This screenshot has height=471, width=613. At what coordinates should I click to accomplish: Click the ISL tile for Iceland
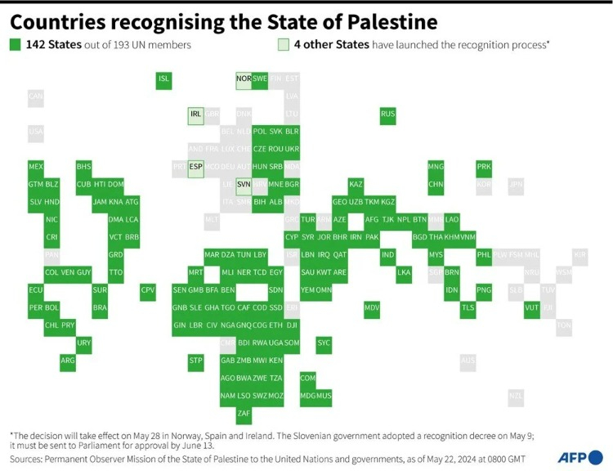(163, 79)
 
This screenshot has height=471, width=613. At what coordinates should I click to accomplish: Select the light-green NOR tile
(244, 79)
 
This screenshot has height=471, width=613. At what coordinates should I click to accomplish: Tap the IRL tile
(195, 114)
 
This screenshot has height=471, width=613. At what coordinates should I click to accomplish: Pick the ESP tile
(195, 167)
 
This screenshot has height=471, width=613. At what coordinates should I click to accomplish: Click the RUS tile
(388, 114)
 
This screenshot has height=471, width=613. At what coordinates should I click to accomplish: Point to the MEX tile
(35, 167)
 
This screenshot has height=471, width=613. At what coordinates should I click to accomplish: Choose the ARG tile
(68, 360)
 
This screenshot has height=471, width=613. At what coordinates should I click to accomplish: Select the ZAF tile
(244, 413)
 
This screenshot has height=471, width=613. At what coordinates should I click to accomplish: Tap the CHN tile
(436, 184)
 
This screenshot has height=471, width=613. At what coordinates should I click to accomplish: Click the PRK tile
(484, 167)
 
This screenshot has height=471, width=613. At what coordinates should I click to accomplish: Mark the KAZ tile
(356, 184)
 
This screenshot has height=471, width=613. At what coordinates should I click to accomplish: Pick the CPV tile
(147, 289)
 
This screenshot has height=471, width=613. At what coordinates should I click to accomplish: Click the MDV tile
(372, 307)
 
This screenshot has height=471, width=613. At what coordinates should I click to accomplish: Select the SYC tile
(324, 343)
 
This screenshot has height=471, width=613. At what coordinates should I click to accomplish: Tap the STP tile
(195, 360)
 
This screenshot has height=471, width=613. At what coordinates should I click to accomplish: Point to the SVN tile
(244, 184)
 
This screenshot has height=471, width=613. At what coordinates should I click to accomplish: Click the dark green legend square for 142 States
(15, 44)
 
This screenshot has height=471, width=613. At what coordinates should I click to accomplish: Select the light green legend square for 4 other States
(283, 44)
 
